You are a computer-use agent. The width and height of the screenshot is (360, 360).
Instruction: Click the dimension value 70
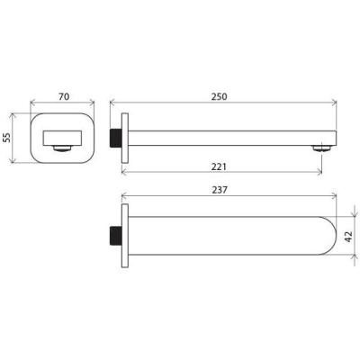[64, 96]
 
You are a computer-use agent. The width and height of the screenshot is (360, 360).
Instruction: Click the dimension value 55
[6, 138]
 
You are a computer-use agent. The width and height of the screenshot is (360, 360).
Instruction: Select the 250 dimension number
[220, 96]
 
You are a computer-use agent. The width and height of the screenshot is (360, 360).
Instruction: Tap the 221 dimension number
[219, 166]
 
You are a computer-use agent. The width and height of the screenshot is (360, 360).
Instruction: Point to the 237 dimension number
[220, 190]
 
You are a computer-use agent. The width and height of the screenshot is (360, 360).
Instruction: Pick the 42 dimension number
[348, 237]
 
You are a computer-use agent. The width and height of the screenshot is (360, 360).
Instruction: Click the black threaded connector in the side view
[115, 139]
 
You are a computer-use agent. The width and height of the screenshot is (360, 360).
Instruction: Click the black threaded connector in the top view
[115, 236]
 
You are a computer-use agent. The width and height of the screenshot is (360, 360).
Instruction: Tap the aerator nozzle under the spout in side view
[321, 148]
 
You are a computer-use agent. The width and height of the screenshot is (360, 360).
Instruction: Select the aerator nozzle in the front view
[62, 148]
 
